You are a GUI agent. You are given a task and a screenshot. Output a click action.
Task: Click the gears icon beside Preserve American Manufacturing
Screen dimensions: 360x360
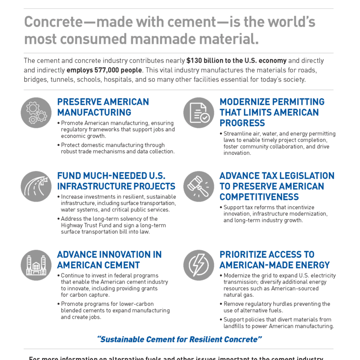pyautogui.click(x=36, y=113)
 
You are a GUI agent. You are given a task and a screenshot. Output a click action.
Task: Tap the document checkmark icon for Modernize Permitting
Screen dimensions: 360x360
pyautogui.click(x=199, y=113)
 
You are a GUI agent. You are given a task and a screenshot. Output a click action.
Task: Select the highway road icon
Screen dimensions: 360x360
pyautogui.click(x=36, y=187)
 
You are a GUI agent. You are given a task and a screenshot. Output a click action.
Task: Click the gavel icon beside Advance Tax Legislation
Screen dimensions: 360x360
pyautogui.click(x=199, y=187)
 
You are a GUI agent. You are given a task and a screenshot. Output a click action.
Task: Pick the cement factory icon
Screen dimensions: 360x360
pyautogui.click(x=36, y=265)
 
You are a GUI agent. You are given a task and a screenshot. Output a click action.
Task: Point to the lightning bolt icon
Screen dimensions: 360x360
pyautogui.click(x=199, y=265)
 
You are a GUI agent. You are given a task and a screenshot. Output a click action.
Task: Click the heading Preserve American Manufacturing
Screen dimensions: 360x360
pyautogui.click(x=103, y=107)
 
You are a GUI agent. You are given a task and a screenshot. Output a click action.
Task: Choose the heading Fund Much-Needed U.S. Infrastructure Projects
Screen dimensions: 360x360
pyautogui.click(x=116, y=181)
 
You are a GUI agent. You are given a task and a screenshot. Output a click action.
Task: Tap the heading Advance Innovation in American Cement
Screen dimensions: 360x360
pyautogui.click(x=109, y=260)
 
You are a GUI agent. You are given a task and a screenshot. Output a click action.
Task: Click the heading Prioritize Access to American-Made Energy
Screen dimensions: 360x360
pyautogui.click(x=275, y=260)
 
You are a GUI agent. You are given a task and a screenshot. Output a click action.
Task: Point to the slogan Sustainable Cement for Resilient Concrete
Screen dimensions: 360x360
pyautogui.click(x=180, y=339)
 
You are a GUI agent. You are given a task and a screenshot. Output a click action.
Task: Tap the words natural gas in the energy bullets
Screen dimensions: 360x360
pyautogui.click(x=239, y=295)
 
